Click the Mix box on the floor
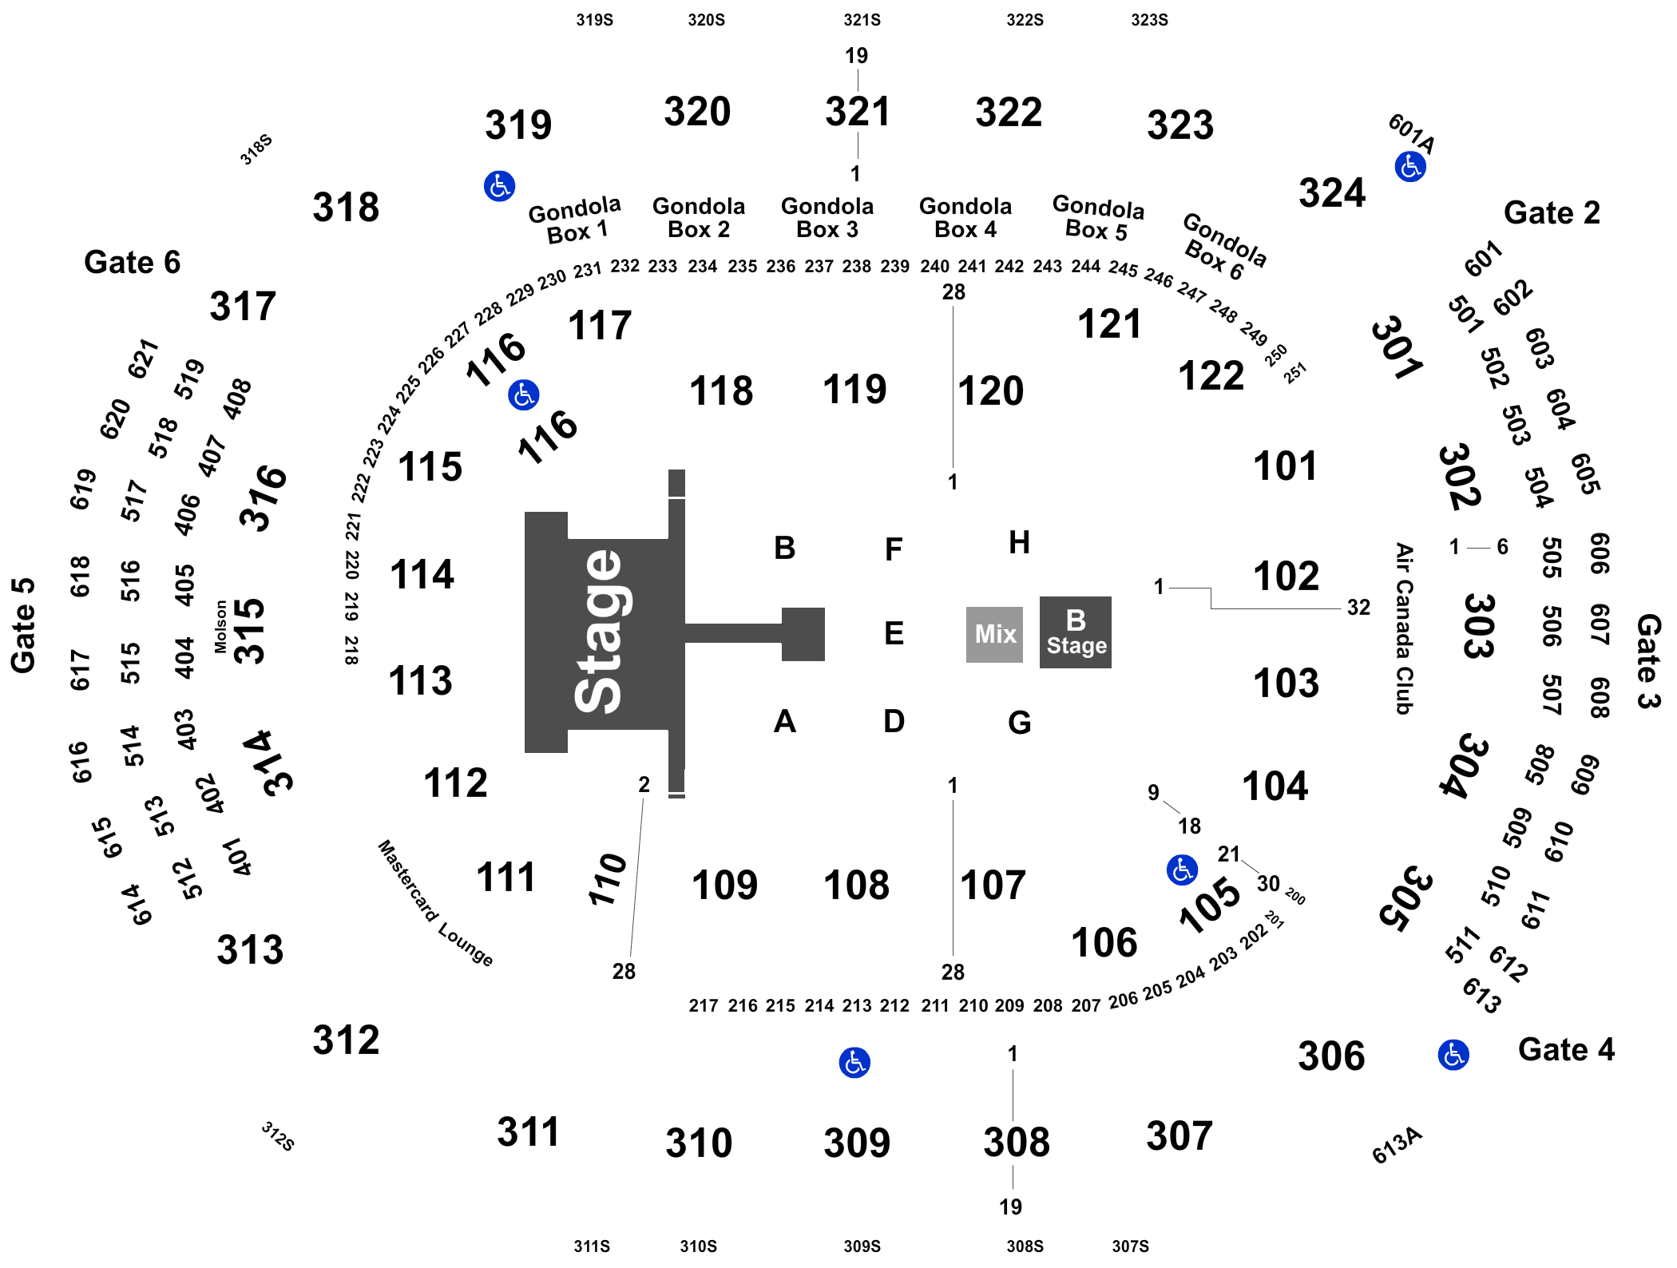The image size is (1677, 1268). [994, 634]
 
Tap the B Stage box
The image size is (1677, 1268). [1076, 632]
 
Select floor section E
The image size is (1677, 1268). [894, 633]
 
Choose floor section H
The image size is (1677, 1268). [1020, 543]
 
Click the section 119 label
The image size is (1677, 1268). [854, 390]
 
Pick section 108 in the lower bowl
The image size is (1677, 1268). [856, 885]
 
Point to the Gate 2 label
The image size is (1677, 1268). [1551, 213]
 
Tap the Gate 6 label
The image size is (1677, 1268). [132, 263]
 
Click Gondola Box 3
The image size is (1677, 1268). [827, 218]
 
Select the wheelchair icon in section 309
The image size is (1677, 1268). [854, 1063]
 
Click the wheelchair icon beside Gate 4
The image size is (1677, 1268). [1453, 1055]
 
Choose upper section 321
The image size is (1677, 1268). [857, 112]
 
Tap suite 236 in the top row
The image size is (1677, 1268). [780, 266]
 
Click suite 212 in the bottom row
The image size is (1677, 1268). [894, 1005]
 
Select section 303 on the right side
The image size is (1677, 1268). [1480, 626]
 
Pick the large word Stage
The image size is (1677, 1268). [599, 631]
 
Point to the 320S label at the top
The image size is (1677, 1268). [706, 20]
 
